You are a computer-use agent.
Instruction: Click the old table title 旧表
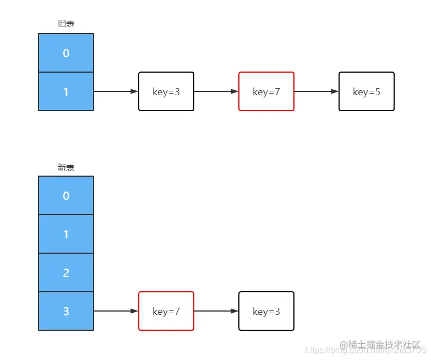pos(66,24)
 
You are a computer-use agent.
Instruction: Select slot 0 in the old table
pos(66,53)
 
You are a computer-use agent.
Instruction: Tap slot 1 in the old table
pos(66,91)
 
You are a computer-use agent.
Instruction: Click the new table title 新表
pos(66,167)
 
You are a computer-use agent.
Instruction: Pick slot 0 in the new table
pos(66,195)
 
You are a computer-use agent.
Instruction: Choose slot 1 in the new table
pos(66,234)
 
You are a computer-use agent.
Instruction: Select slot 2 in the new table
pos(66,272)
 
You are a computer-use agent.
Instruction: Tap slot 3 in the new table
pos(66,311)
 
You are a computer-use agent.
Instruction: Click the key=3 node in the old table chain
pos(166,91)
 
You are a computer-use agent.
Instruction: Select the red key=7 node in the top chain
pos(266,91)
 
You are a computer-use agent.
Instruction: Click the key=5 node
pos(367,91)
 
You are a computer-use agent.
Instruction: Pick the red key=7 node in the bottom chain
pos(166,311)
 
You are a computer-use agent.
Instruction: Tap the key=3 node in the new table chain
pos(266,311)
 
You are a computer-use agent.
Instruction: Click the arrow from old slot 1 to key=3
pos(116,91)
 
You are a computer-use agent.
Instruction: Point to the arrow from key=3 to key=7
pos(216,91)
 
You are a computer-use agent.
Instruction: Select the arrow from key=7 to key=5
pos(316,91)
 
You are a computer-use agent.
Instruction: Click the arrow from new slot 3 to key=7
pos(116,311)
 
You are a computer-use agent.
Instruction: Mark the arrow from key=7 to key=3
pos(216,311)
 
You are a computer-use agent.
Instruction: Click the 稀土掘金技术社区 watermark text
pos(383,345)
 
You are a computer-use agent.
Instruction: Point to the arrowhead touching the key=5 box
pos(335,91)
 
